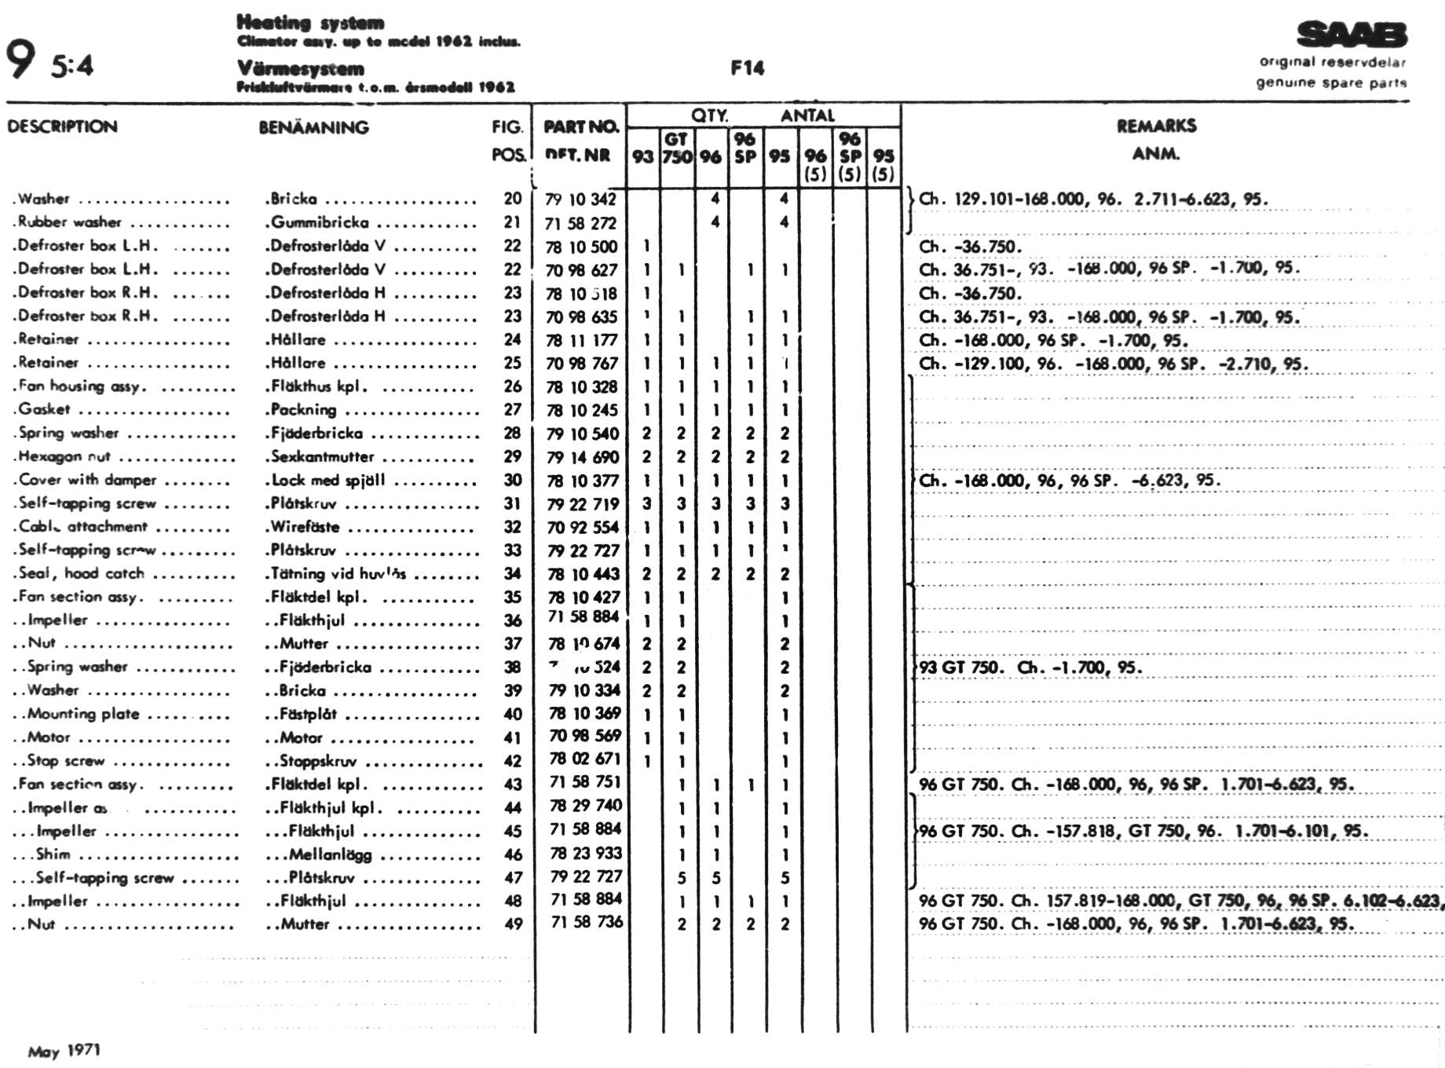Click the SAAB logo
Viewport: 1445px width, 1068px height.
coord(1352,35)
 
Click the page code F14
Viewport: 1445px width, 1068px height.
coord(747,68)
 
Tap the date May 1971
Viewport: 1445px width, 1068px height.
coord(64,1051)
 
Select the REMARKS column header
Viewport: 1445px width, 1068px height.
coord(1156,126)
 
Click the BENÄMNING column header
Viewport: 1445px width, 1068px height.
coord(313,127)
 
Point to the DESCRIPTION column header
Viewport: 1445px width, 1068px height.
coord(62,126)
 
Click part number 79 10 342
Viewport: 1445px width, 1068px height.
coord(580,199)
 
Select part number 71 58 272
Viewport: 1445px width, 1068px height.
coord(580,223)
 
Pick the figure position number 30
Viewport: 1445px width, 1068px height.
coord(512,480)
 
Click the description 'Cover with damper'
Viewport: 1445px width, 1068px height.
coord(87,480)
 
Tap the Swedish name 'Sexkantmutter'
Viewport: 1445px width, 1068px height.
coord(322,456)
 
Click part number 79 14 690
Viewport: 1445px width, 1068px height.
coord(583,457)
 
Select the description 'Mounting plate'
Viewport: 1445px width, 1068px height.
coord(83,714)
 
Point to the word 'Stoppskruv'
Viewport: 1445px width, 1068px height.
coord(318,761)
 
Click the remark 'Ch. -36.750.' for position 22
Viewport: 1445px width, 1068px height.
coord(970,247)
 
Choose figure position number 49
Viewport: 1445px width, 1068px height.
coord(513,924)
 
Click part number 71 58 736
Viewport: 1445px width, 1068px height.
coord(587,922)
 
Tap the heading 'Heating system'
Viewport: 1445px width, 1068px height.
coord(310,22)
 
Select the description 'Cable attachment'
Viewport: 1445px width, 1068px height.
coord(83,527)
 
